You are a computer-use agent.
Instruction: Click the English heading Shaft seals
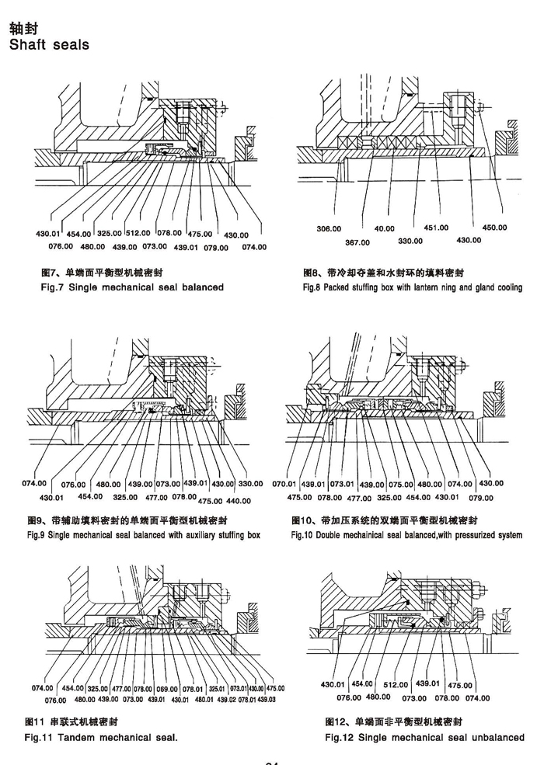tap(48, 45)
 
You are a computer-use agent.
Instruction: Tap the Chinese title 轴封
tap(24, 28)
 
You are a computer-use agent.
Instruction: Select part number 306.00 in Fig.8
tap(329, 229)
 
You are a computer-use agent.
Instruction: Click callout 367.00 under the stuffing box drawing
tap(357, 243)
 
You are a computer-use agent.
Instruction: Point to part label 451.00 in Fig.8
tap(436, 228)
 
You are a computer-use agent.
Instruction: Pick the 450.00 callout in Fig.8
tap(494, 228)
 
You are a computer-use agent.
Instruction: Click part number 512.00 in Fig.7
tap(138, 233)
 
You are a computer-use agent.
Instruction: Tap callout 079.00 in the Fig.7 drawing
tap(216, 248)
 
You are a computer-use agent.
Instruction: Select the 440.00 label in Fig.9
tap(238, 501)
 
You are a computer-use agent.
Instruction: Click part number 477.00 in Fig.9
tap(156, 498)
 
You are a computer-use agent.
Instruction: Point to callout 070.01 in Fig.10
tap(284, 484)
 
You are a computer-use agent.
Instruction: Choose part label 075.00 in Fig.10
tap(402, 484)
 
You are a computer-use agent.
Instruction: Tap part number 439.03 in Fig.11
tap(266, 699)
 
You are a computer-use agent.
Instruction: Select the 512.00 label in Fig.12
tap(396, 685)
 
